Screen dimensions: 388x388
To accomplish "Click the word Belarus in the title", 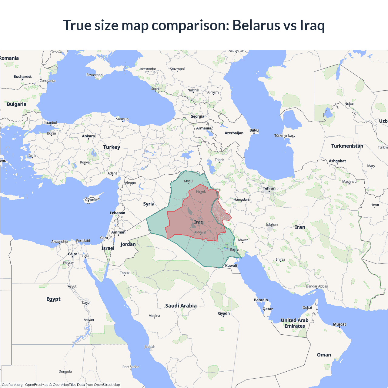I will [256, 25].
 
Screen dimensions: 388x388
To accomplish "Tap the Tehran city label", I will [269, 188].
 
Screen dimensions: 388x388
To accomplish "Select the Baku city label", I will [254, 130].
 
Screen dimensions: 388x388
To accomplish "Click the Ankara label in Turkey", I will [88, 136].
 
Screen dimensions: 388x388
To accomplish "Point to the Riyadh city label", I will [223, 313].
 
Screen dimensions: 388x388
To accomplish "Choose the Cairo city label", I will [72, 254].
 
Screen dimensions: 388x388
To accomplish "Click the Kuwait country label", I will [231, 266].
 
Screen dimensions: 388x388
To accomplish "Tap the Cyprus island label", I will [91, 200].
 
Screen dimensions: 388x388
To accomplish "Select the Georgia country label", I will [197, 116].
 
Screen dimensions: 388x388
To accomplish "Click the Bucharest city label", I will [22, 77].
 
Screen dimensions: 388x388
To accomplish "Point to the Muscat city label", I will [339, 324].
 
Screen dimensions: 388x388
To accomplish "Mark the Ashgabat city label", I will [337, 161].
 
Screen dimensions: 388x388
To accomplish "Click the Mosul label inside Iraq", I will [189, 181].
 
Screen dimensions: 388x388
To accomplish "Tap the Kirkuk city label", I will [201, 192].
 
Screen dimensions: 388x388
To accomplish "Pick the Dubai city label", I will [307, 307].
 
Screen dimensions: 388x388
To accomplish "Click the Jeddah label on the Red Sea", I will [150, 347].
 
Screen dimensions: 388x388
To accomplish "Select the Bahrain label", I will [261, 300].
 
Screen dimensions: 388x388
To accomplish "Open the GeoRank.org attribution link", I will [12, 385].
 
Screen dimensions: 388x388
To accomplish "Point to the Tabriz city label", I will [219, 160].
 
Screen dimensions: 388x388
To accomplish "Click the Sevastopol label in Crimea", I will [95, 75].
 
